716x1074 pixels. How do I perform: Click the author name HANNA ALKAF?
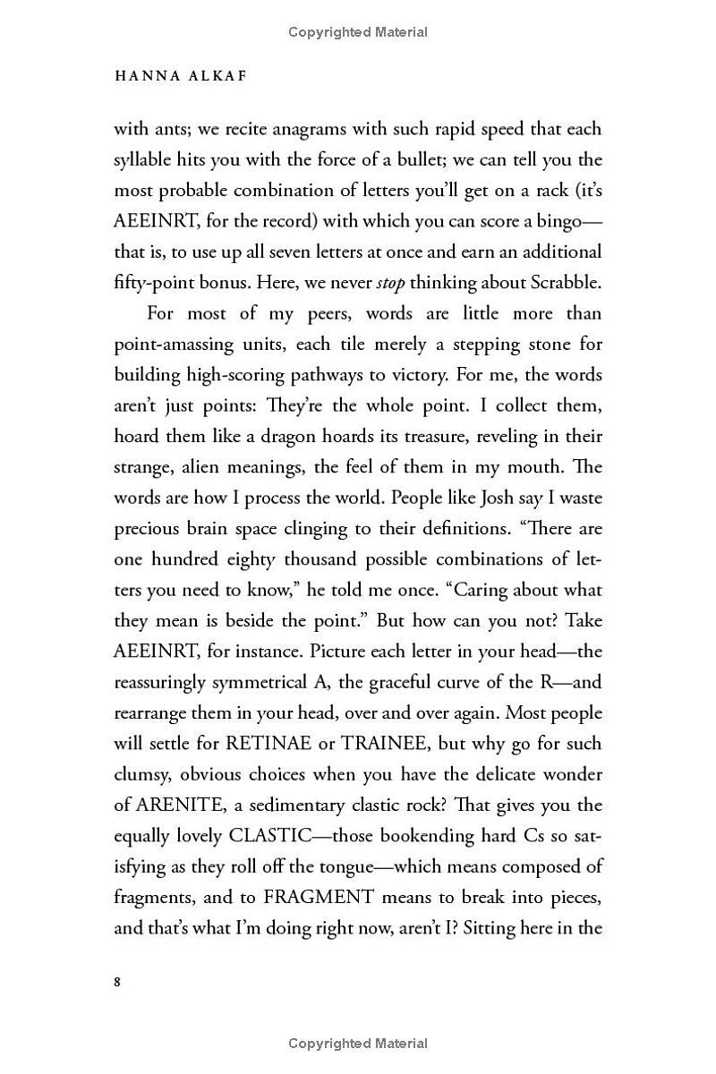tap(181, 76)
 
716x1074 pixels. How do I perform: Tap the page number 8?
tap(118, 982)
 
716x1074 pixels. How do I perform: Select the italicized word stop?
tap(390, 283)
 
